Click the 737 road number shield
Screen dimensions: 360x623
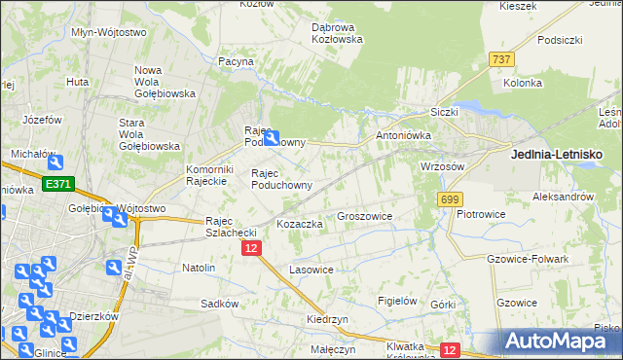[x=501, y=59]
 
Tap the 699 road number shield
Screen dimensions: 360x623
[x=449, y=199]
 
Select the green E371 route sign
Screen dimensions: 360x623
[x=56, y=184]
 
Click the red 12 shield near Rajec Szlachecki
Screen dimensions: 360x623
[x=251, y=249]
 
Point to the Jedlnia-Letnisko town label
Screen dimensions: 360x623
[x=557, y=154]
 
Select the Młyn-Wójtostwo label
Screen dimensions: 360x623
[x=109, y=31]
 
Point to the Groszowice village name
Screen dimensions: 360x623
[x=364, y=217]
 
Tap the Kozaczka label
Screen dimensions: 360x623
[x=300, y=224]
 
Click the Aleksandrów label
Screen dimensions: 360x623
[x=564, y=196]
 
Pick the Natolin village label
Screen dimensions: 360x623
[x=199, y=267]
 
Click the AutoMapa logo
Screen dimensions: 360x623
[x=559, y=342]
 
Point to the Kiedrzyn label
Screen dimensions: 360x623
[x=326, y=319]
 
